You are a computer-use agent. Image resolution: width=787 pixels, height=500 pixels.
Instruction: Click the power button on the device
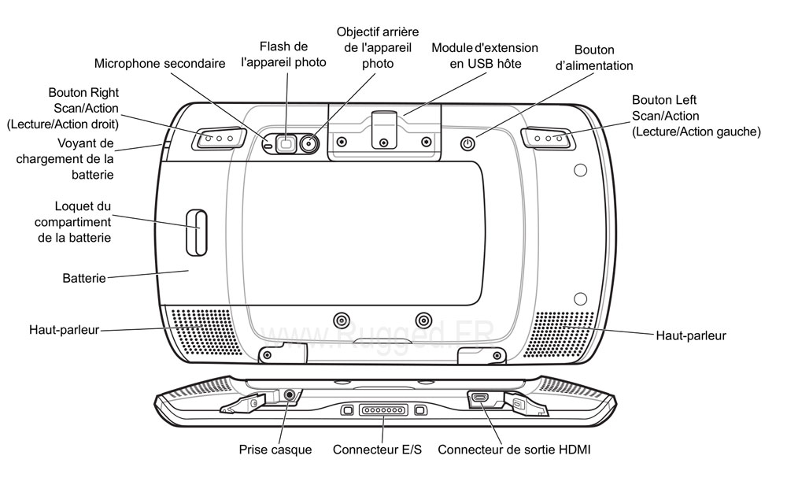(468, 143)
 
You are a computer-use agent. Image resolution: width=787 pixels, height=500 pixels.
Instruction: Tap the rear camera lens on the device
(309, 143)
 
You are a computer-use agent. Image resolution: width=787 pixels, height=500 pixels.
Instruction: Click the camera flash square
(286, 143)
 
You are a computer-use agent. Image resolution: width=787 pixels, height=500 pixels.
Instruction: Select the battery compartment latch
(195, 233)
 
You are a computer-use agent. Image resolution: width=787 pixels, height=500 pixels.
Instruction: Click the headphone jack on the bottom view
(291, 394)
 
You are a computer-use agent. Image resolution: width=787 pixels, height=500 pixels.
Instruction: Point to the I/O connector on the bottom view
(384, 410)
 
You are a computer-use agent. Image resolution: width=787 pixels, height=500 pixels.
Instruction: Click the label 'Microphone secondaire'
(160, 63)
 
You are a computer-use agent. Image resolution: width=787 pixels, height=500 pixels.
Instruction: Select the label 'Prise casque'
(275, 450)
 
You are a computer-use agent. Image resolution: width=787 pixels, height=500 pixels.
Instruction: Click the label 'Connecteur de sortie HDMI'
(514, 450)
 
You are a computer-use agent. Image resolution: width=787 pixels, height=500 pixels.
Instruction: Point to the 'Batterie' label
(83, 279)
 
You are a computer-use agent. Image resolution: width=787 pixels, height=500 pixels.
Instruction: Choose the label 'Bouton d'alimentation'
(594, 57)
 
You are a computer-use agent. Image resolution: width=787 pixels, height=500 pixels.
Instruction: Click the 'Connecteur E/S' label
(377, 450)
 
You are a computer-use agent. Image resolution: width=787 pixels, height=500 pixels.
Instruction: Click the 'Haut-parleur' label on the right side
(690, 335)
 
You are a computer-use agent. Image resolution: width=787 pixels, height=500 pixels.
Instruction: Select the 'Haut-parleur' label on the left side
(64, 330)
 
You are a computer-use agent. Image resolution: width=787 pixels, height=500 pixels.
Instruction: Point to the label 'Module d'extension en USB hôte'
(485, 55)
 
